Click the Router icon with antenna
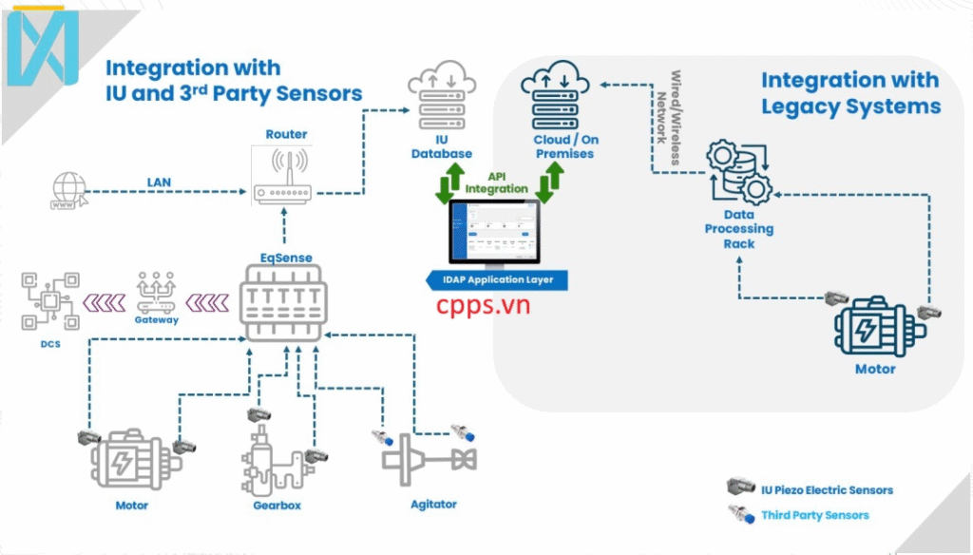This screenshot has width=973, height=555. (282, 176)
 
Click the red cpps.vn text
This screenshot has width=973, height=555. (484, 305)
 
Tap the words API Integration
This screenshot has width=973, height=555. (496, 182)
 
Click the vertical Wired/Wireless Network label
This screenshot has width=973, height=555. (670, 116)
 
